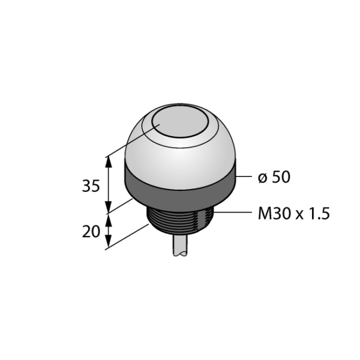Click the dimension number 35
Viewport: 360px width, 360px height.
point(91,186)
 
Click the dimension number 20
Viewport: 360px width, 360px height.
point(91,232)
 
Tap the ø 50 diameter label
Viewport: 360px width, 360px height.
point(274,177)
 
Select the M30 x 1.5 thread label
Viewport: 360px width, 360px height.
point(294,214)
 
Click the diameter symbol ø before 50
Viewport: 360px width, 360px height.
point(263,178)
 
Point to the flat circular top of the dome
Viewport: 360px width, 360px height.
point(180,122)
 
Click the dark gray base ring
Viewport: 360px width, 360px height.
point(180,184)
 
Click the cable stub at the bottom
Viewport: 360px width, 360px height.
point(180,245)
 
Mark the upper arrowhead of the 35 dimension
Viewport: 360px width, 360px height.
point(109,162)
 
